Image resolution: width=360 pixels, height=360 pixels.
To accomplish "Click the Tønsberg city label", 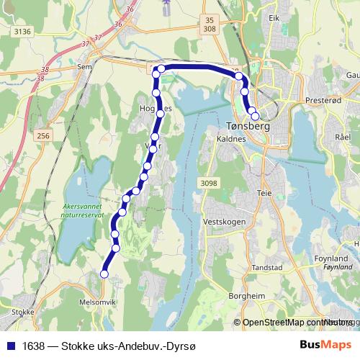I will click(243, 126).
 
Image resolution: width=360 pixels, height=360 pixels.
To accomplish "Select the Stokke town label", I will click(24, 312).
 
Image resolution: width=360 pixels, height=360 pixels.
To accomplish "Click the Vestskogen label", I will click(225, 222).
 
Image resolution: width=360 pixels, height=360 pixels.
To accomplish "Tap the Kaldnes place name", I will click(231, 139).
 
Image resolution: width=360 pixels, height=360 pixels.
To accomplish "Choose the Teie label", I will click(264, 193).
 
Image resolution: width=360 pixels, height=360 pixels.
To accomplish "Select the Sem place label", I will click(84, 66).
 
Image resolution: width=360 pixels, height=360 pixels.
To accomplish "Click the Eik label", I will click(274, 18).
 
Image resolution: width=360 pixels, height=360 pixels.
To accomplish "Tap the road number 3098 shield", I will click(209, 184).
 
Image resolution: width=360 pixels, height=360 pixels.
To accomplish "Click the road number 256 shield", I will click(44, 136).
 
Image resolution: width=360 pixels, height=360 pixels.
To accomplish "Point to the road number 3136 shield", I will click(23, 31).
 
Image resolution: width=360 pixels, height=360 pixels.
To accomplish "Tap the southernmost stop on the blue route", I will click(104, 274).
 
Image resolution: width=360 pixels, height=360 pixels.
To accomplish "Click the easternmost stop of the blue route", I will click(254, 115).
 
